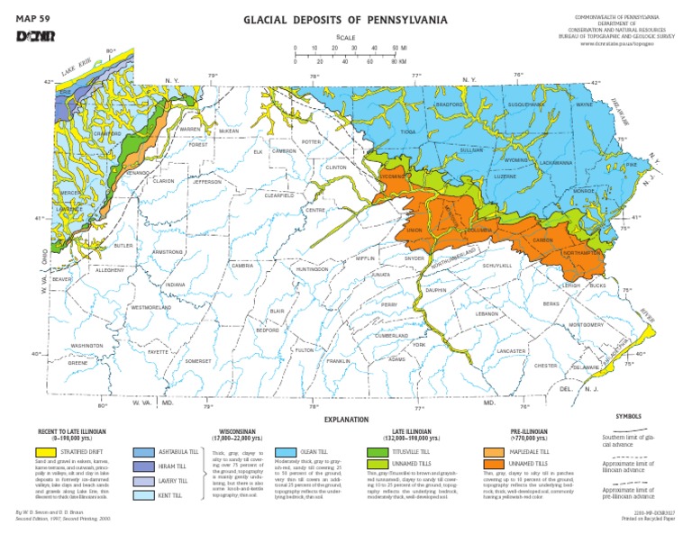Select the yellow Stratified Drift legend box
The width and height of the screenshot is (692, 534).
coord(45,449)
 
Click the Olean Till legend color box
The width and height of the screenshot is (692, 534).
coord(286,449)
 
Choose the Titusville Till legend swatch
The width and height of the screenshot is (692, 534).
coord(378,449)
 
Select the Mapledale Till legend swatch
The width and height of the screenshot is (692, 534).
coord(494,449)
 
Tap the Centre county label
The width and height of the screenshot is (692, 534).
coord(315,210)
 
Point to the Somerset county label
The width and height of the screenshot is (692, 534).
coord(198,360)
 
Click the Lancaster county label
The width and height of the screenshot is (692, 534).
coord(511,350)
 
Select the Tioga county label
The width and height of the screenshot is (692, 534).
coord(409,131)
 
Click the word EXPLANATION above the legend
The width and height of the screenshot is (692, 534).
coord(345,420)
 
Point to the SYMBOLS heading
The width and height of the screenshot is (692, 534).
coord(628,417)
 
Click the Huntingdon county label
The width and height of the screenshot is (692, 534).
coord(312,268)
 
